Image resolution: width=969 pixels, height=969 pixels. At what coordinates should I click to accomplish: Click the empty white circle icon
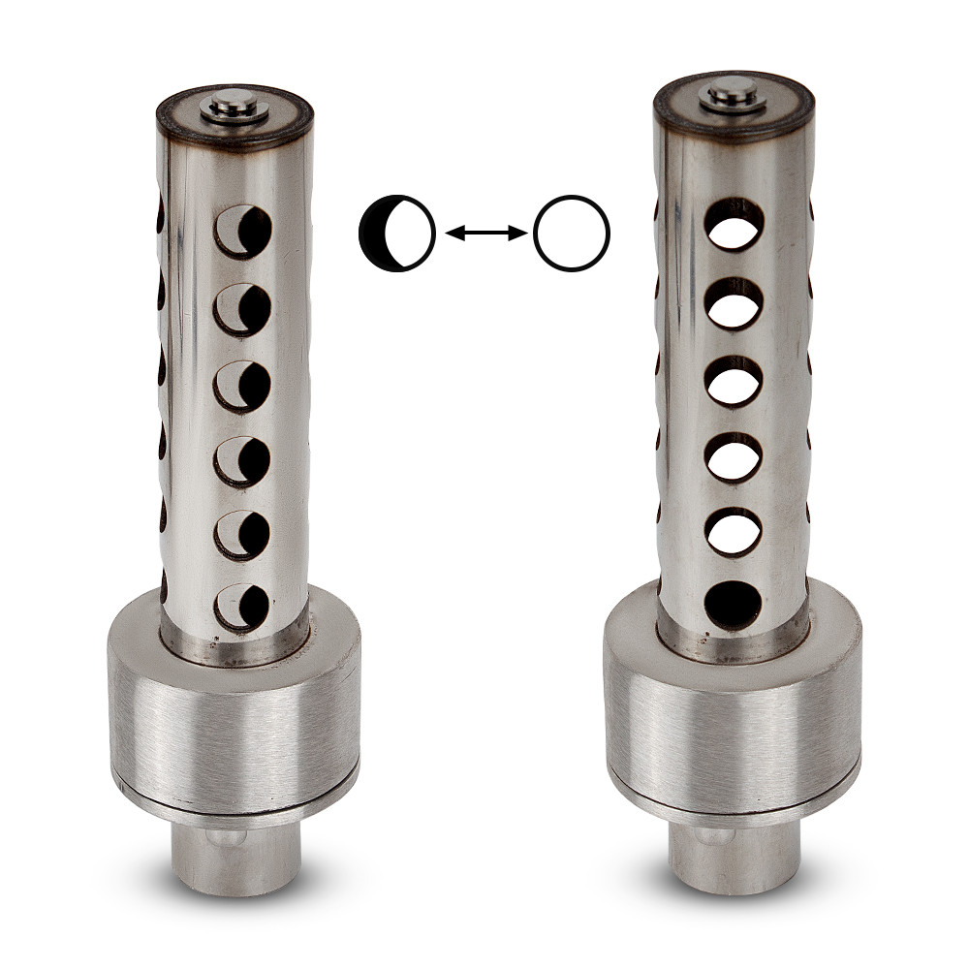(571, 233)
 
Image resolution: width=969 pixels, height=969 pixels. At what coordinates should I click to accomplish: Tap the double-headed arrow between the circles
(484, 233)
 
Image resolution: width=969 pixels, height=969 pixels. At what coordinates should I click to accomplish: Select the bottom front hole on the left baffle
(241, 607)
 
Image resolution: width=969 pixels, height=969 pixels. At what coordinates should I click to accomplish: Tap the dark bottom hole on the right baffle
(734, 604)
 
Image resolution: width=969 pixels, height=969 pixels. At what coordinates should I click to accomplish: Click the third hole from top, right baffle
(734, 381)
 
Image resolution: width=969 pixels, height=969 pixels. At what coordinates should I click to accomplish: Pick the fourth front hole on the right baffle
(734, 456)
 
